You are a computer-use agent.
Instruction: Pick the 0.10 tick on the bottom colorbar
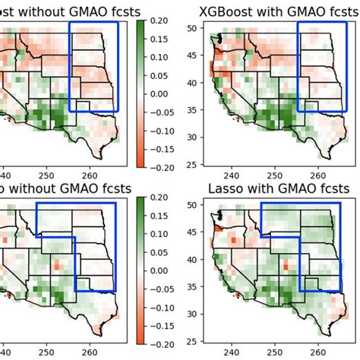coord(158,236)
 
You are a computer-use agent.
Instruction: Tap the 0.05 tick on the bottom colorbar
coord(158,254)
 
